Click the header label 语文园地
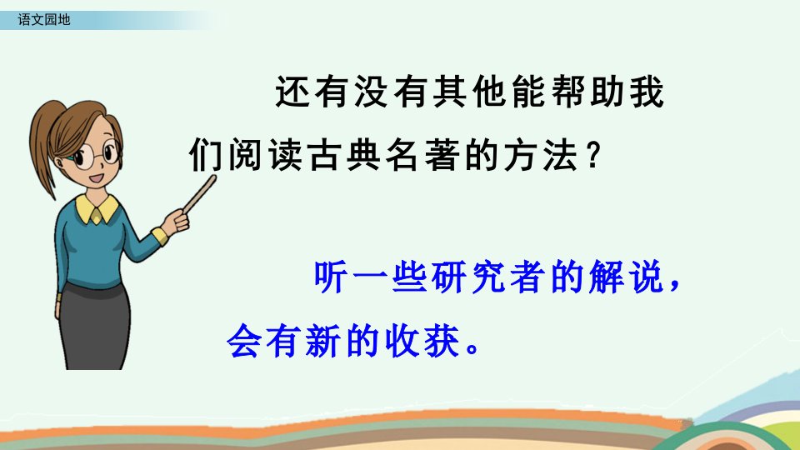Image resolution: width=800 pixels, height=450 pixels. (x=44, y=20)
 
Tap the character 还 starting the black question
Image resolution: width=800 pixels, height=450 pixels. (x=292, y=92)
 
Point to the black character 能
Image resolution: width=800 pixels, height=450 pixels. (x=528, y=92)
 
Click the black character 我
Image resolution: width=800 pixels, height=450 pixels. (x=647, y=92)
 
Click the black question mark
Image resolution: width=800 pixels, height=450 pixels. (x=592, y=156)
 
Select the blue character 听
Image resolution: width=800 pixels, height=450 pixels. (x=331, y=277)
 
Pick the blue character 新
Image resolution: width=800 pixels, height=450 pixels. (x=322, y=341)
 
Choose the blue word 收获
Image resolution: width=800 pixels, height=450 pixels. (x=423, y=341)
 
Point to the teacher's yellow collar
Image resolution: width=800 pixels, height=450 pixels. (x=97, y=208)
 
